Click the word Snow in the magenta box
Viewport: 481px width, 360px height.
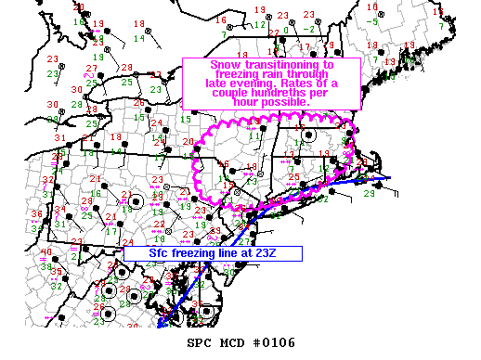tap(225, 65)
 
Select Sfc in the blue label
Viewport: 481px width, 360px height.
tap(162, 252)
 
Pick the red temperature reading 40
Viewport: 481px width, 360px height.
tap(45, 251)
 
